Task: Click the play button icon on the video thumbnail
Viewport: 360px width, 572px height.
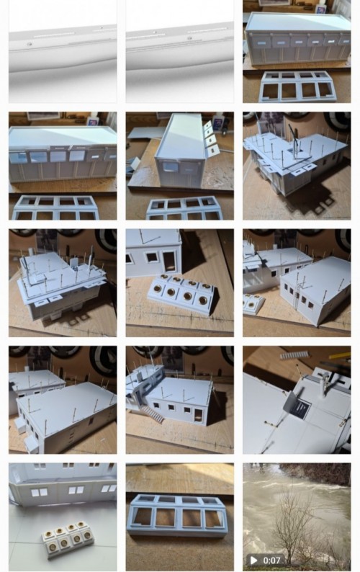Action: [253, 560]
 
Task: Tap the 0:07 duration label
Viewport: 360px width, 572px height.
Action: [271, 560]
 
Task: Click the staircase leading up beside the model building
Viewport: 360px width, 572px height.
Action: [152, 414]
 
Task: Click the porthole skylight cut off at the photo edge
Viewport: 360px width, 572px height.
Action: [253, 303]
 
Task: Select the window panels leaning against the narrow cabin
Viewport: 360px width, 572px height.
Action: [211, 139]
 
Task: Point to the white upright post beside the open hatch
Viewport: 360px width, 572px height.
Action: [323, 387]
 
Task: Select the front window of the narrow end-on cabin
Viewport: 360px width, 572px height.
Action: [171, 167]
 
